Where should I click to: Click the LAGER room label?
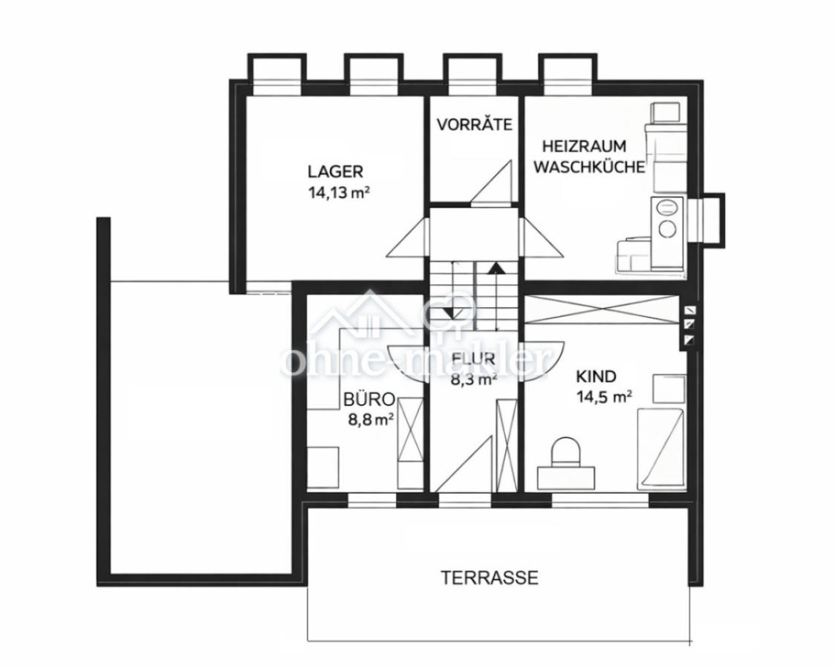click(335, 171)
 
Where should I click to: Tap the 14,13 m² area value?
click(339, 192)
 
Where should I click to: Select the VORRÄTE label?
click(474, 125)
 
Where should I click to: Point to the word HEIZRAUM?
click(584, 145)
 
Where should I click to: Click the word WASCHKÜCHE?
click(590, 167)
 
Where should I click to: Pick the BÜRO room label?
click(369, 399)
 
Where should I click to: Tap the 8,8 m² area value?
click(371, 419)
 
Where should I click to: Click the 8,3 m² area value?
click(473, 379)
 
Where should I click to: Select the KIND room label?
click(596, 376)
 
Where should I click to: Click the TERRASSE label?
click(490, 577)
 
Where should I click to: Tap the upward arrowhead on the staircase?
click(496, 267)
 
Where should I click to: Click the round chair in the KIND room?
click(565, 452)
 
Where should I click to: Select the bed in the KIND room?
click(660, 448)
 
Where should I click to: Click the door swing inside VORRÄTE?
click(491, 181)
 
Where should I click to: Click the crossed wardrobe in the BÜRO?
click(411, 442)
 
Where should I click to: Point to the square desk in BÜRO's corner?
click(322, 467)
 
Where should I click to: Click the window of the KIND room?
click(600, 500)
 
